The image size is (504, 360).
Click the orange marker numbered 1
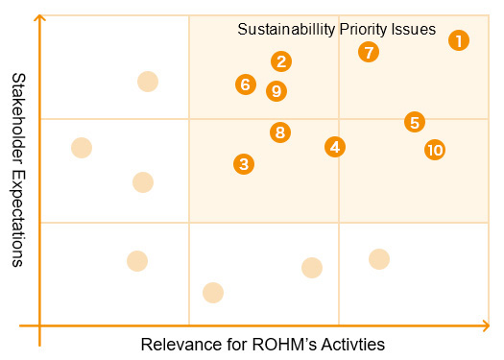point(459,40)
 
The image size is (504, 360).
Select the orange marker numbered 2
point(281,61)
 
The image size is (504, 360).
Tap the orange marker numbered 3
point(245,164)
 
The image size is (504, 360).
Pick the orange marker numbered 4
point(334,147)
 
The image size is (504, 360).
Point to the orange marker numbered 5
point(415,122)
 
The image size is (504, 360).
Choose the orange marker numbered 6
point(246,84)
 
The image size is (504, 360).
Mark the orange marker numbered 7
point(369,52)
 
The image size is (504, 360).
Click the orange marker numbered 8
point(279,132)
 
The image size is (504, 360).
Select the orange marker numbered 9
point(276,91)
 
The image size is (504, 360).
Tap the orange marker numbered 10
point(435,150)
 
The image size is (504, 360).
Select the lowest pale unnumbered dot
point(213,292)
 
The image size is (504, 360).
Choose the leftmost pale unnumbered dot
point(82,147)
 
